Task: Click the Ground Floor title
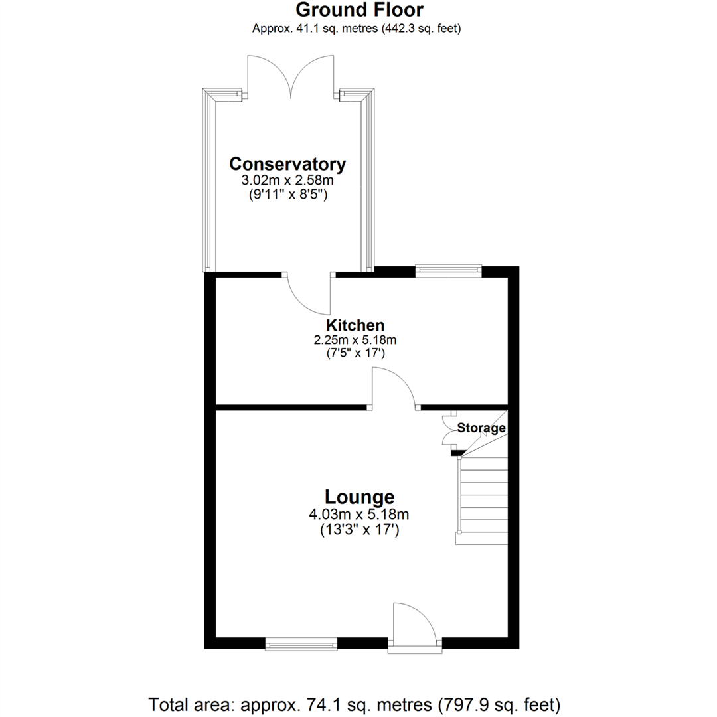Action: click(358, 10)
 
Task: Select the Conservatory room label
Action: click(287, 164)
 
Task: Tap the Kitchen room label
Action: click(355, 325)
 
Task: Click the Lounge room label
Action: click(359, 497)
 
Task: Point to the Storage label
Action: click(481, 428)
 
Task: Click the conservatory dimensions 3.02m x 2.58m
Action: click(287, 181)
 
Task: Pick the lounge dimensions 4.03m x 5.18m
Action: click(359, 514)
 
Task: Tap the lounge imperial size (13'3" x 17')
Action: click(359, 530)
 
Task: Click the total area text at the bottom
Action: click(355, 703)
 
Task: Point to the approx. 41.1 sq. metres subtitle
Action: click(357, 28)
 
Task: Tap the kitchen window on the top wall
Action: click(448, 270)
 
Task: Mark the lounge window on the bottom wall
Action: click(301, 643)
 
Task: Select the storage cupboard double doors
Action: click(449, 431)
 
